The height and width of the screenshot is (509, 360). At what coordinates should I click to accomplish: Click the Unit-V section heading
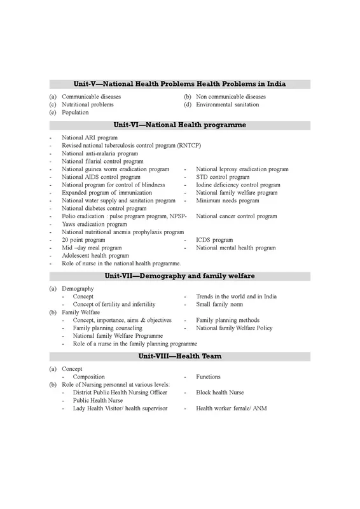[179, 84]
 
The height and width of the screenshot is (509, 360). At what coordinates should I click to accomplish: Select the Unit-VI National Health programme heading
[179, 125]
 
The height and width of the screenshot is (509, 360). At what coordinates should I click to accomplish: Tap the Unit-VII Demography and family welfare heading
[179, 276]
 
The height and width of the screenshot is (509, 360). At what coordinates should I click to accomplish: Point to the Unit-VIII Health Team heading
[179, 356]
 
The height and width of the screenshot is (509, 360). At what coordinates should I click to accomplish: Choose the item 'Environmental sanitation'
[227, 104]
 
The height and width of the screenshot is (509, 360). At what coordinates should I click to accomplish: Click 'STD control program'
[223, 177]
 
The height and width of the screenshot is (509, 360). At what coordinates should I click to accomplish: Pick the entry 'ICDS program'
[214, 240]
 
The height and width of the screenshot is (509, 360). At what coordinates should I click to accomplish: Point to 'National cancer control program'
[236, 216]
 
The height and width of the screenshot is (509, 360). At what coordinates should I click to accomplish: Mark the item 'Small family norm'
[220, 305]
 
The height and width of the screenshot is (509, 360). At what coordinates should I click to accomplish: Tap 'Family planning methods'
[227, 320]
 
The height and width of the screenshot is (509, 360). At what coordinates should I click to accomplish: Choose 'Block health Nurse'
[219, 393]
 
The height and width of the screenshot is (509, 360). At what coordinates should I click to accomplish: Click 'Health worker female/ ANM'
[232, 408]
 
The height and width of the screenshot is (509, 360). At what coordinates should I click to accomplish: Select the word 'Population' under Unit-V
[75, 113]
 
